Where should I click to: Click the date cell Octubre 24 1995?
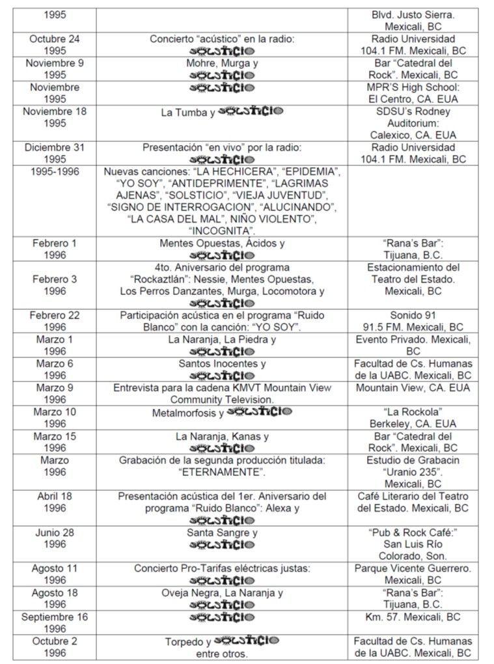(x=55, y=45)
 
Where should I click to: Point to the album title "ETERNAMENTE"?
(x=222, y=472)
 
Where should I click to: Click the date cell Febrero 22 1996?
(x=55, y=322)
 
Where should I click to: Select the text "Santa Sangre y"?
(x=222, y=533)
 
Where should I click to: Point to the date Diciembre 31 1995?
(x=55, y=153)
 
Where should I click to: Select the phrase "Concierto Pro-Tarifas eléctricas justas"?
(x=222, y=568)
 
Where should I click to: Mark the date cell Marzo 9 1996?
(x=55, y=394)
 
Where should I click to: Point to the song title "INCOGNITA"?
(x=222, y=231)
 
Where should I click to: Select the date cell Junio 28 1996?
(x=55, y=538)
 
